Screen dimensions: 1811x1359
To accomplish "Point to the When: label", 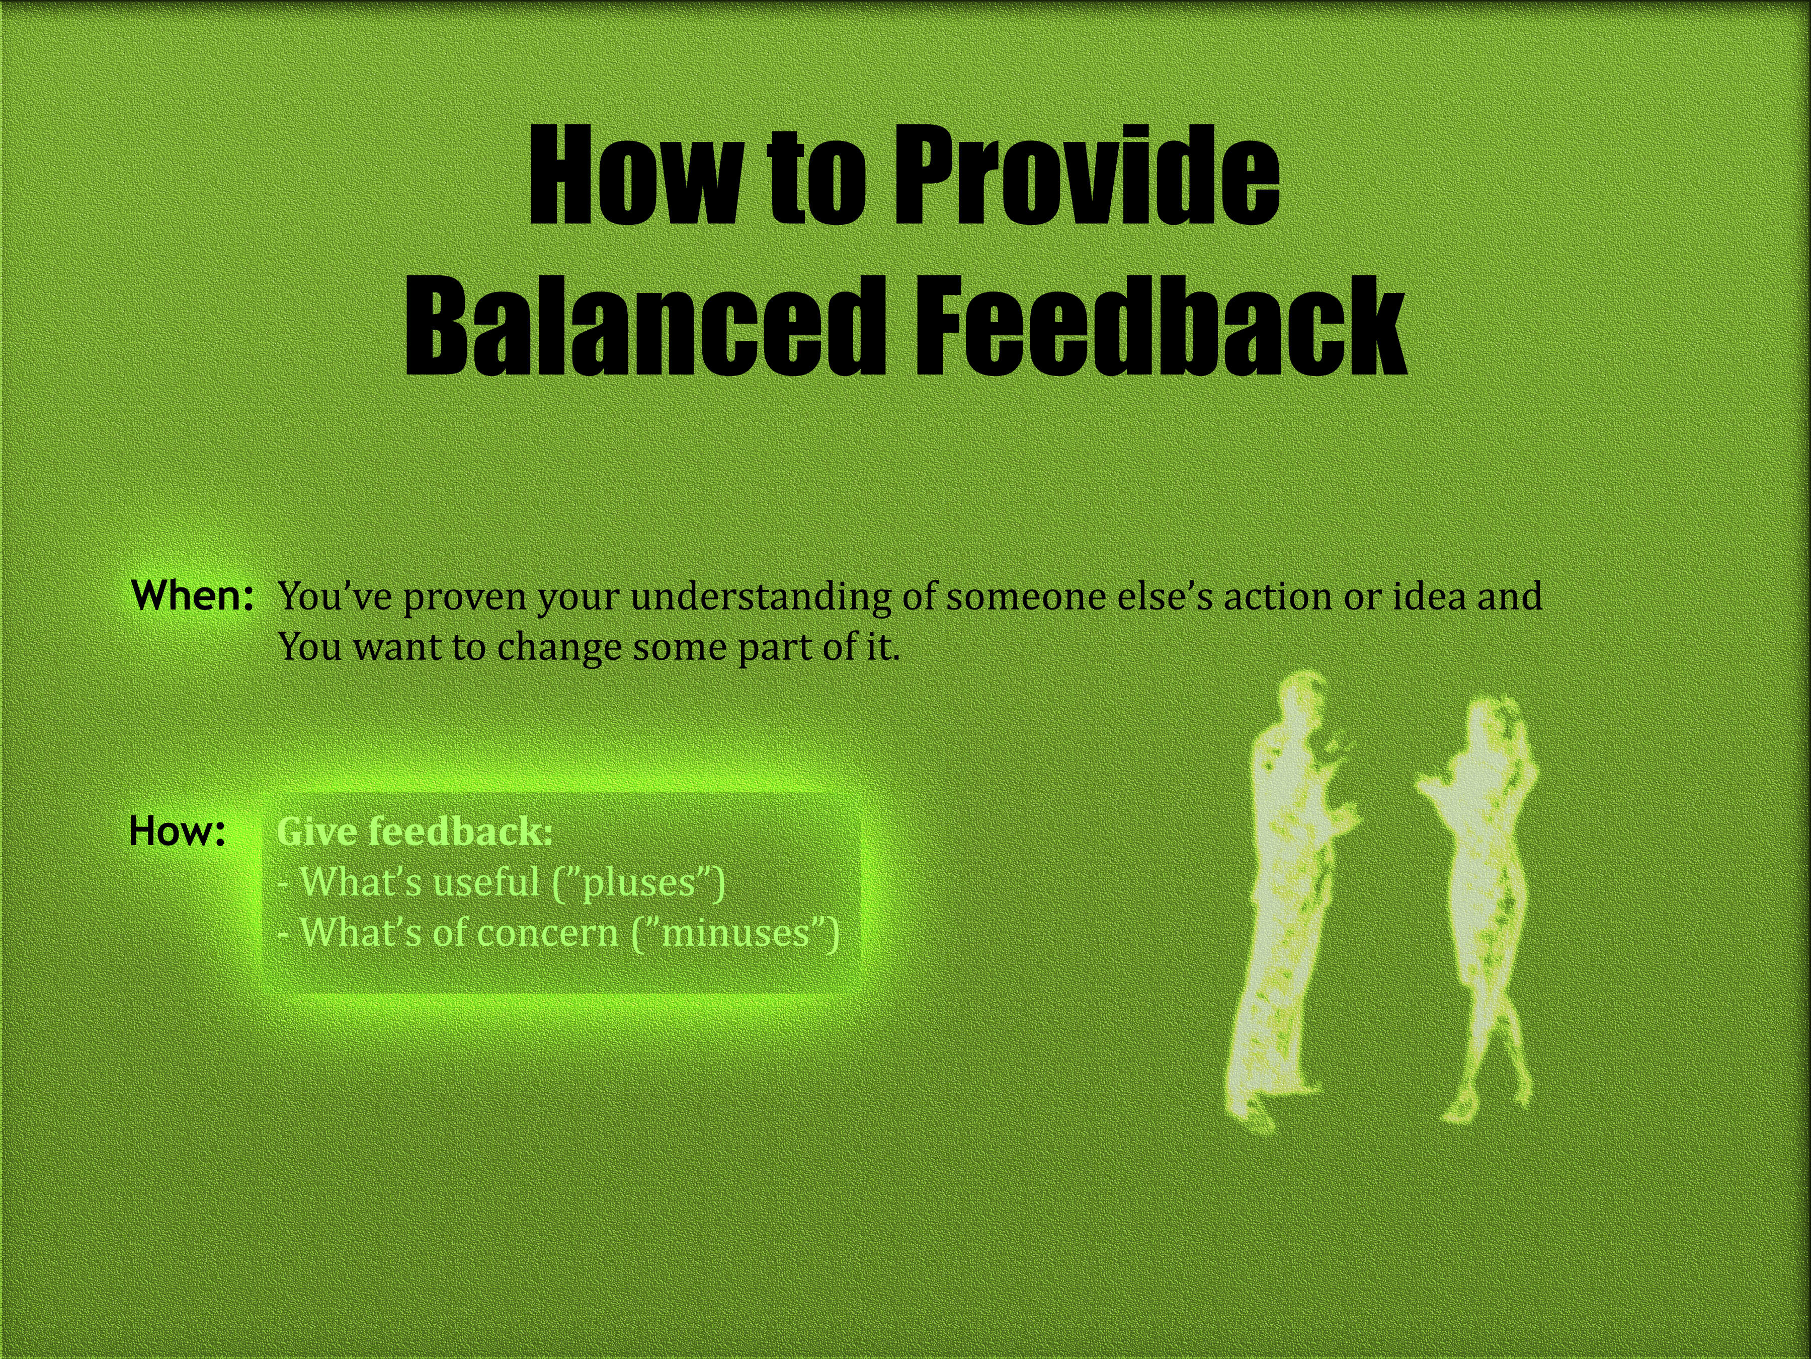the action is pyautogui.click(x=192, y=595).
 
